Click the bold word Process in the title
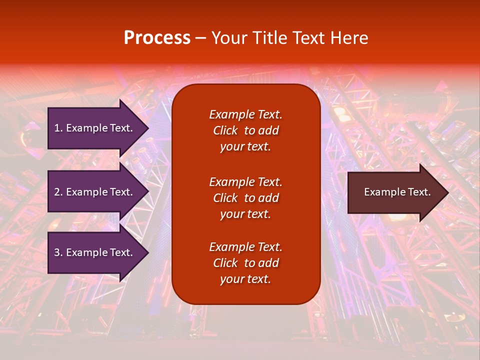click(157, 38)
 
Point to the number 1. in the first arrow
click(58, 128)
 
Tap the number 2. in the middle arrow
click(58, 192)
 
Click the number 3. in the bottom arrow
click(58, 252)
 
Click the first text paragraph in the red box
click(245, 130)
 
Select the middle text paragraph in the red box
click(245, 198)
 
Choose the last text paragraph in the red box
click(245, 263)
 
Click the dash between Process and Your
click(201, 38)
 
